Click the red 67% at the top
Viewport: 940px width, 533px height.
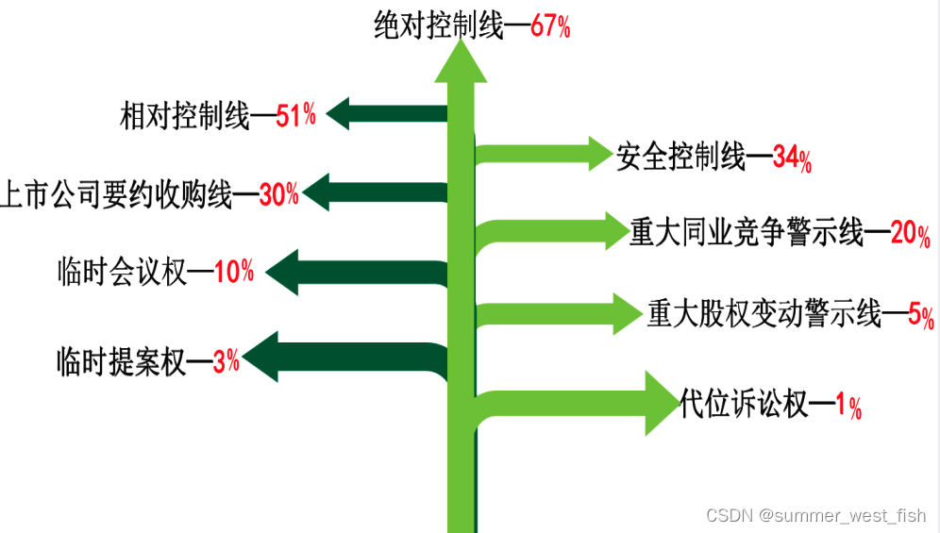[550, 26]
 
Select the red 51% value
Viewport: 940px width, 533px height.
[295, 117]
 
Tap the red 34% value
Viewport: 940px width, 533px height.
[792, 158]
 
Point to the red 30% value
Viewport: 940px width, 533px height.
[278, 195]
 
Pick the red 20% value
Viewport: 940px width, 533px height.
[910, 234]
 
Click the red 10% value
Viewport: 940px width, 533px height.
[234, 273]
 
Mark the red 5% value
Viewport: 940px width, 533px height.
[920, 316]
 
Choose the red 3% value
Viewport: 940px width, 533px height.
[226, 360]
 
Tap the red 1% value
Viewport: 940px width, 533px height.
[848, 407]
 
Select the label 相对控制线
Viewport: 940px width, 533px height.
[185, 117]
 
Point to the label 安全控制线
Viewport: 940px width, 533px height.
[680, 157]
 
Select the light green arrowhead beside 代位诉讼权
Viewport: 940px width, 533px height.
[660, 403]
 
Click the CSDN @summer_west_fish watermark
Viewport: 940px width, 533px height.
[815, 515]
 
